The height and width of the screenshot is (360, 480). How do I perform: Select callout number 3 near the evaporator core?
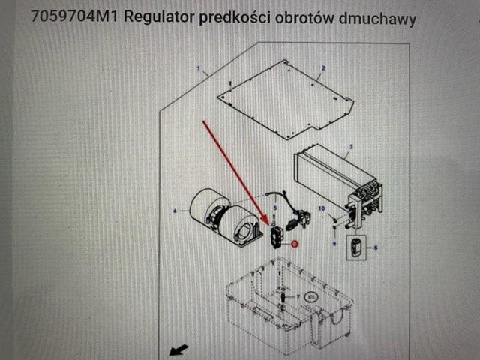pyautogui.click(x=349, y=147)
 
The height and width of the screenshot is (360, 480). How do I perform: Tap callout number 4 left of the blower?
pyautogui.click(x=175, y=212)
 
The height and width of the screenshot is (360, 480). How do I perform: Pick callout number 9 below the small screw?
pyautogui.click(x=334, y=244)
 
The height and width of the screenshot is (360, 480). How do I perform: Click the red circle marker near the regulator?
pyautogui.click(x=295, y=244)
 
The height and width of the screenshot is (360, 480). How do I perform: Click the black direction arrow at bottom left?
pyautogui.click(x=178, y=349)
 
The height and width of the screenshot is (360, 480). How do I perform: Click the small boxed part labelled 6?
pyautogui.click(x=356, y=246)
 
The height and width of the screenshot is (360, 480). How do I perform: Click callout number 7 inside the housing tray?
pyautogui.click(x=297, y=297)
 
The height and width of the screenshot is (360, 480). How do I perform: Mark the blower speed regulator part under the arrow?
pyautogui.click(x=276, y=235)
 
